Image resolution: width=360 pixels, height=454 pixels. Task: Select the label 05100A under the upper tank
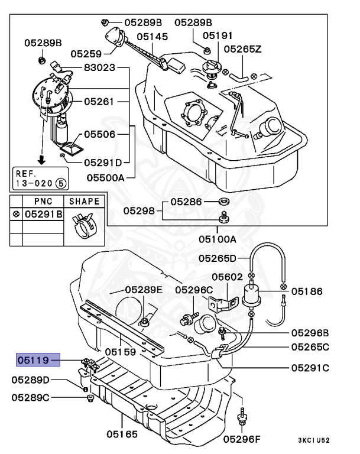[x=217, y=239]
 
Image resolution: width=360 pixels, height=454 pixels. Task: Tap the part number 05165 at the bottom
[x=122, y=434]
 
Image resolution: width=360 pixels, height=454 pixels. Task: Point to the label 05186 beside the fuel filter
[x=307, y=291]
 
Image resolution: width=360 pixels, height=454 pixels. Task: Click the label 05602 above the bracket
[x=227, y=275]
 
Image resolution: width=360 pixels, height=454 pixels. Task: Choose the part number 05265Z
[x=242, y=49]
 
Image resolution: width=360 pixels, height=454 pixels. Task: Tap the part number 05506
[x=99, y=135]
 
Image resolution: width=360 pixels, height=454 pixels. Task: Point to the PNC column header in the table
[x=43, y=201]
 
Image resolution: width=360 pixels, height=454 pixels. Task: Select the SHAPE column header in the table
[x=85, y=201]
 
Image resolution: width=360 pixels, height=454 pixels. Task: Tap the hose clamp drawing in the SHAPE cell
[x=84, y=226]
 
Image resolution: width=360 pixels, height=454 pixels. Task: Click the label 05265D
[x=217, y=258]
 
